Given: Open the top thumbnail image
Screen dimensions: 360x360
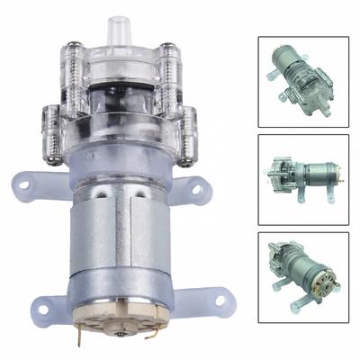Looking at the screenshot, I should pyautogui.click(x=302, y=81).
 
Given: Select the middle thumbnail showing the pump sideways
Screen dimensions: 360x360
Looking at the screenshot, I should pyautogui.click(x=302, y=179).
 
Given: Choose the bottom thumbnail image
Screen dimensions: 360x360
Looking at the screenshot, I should pyautogui.click(x=302, y=278).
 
